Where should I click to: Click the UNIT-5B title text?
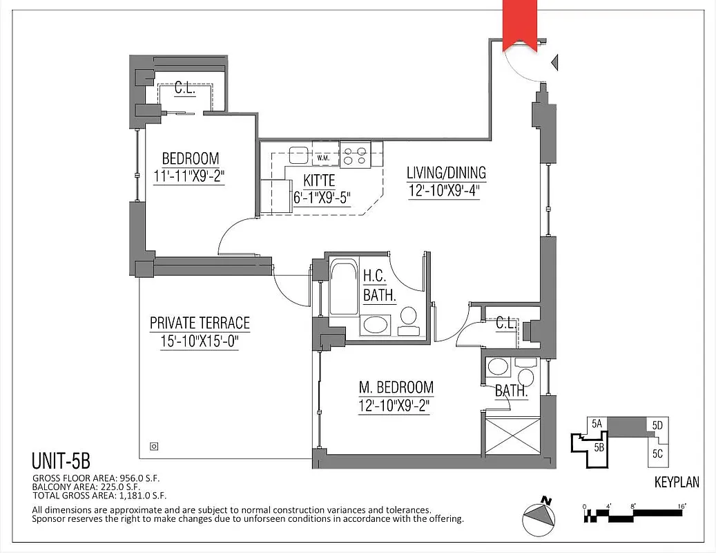coord(61,461)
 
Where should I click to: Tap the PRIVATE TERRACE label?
coord(200,323)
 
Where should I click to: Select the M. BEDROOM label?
coord(396,387)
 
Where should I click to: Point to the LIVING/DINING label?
coord(445,173)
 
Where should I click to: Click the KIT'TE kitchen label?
coord(318,181)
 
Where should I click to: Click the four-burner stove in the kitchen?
coord(356,154)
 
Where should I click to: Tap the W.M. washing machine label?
coord(323,159)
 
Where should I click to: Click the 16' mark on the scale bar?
coord(681,507)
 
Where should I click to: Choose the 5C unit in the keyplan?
coord(657,454)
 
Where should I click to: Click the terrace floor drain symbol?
coord(154,446)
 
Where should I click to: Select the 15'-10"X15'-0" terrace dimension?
coord(200,341)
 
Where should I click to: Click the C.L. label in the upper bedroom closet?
coord(184,88)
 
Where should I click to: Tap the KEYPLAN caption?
coord(676,482)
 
